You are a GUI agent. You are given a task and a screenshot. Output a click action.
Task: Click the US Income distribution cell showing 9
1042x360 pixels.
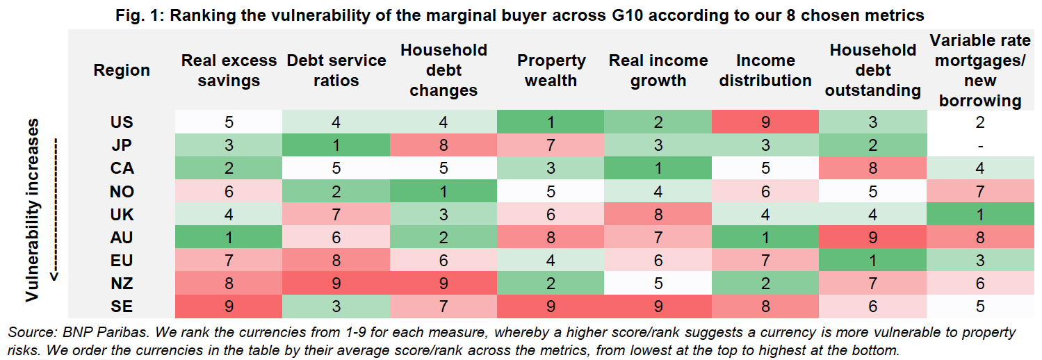click(x=765, y=122)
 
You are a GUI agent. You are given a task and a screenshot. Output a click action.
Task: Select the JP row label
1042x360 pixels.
click(x=122, y=145)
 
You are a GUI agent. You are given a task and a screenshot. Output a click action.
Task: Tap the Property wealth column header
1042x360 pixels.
click(x=551, y=70)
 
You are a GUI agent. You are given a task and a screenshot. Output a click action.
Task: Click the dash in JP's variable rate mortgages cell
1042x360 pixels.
click(x=979, y=145)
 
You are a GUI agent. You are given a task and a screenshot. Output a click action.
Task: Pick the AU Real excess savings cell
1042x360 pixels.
click(x=229, y=238)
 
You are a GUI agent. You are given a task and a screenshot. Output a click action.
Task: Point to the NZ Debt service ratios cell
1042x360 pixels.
click(x=337, y=284)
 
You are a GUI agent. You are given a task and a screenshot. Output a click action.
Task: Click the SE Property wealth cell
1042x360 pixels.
click(x=551, y=306)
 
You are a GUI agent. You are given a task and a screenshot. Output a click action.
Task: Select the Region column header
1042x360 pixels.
click(x=122, y=70)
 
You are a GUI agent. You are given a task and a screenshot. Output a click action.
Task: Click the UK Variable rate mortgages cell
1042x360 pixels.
click(x=979, y=215)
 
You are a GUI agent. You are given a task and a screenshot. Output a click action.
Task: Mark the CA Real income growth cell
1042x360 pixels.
click(x=658, y=168)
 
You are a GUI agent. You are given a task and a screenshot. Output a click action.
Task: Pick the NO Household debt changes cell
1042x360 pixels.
click(x=444, y=191)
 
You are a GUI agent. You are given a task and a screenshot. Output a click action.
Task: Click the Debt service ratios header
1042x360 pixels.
click(x=337, y=70)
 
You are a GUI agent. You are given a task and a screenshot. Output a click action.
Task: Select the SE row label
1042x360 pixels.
click(x=122, y=306)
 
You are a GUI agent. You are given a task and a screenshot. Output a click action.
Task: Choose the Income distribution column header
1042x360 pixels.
click(x=765, y=70)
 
